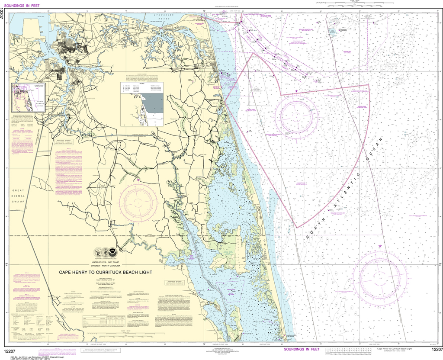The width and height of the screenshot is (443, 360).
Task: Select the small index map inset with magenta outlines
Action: [x=27, y=97]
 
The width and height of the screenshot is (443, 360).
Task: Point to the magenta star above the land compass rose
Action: [x=138, y=180]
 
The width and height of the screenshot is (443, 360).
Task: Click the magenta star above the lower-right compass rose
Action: [x=380, y=246]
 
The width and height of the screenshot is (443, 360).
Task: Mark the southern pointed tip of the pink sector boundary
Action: [x=296, y=227]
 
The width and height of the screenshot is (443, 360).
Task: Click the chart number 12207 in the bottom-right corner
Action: [x=437, y=349]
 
